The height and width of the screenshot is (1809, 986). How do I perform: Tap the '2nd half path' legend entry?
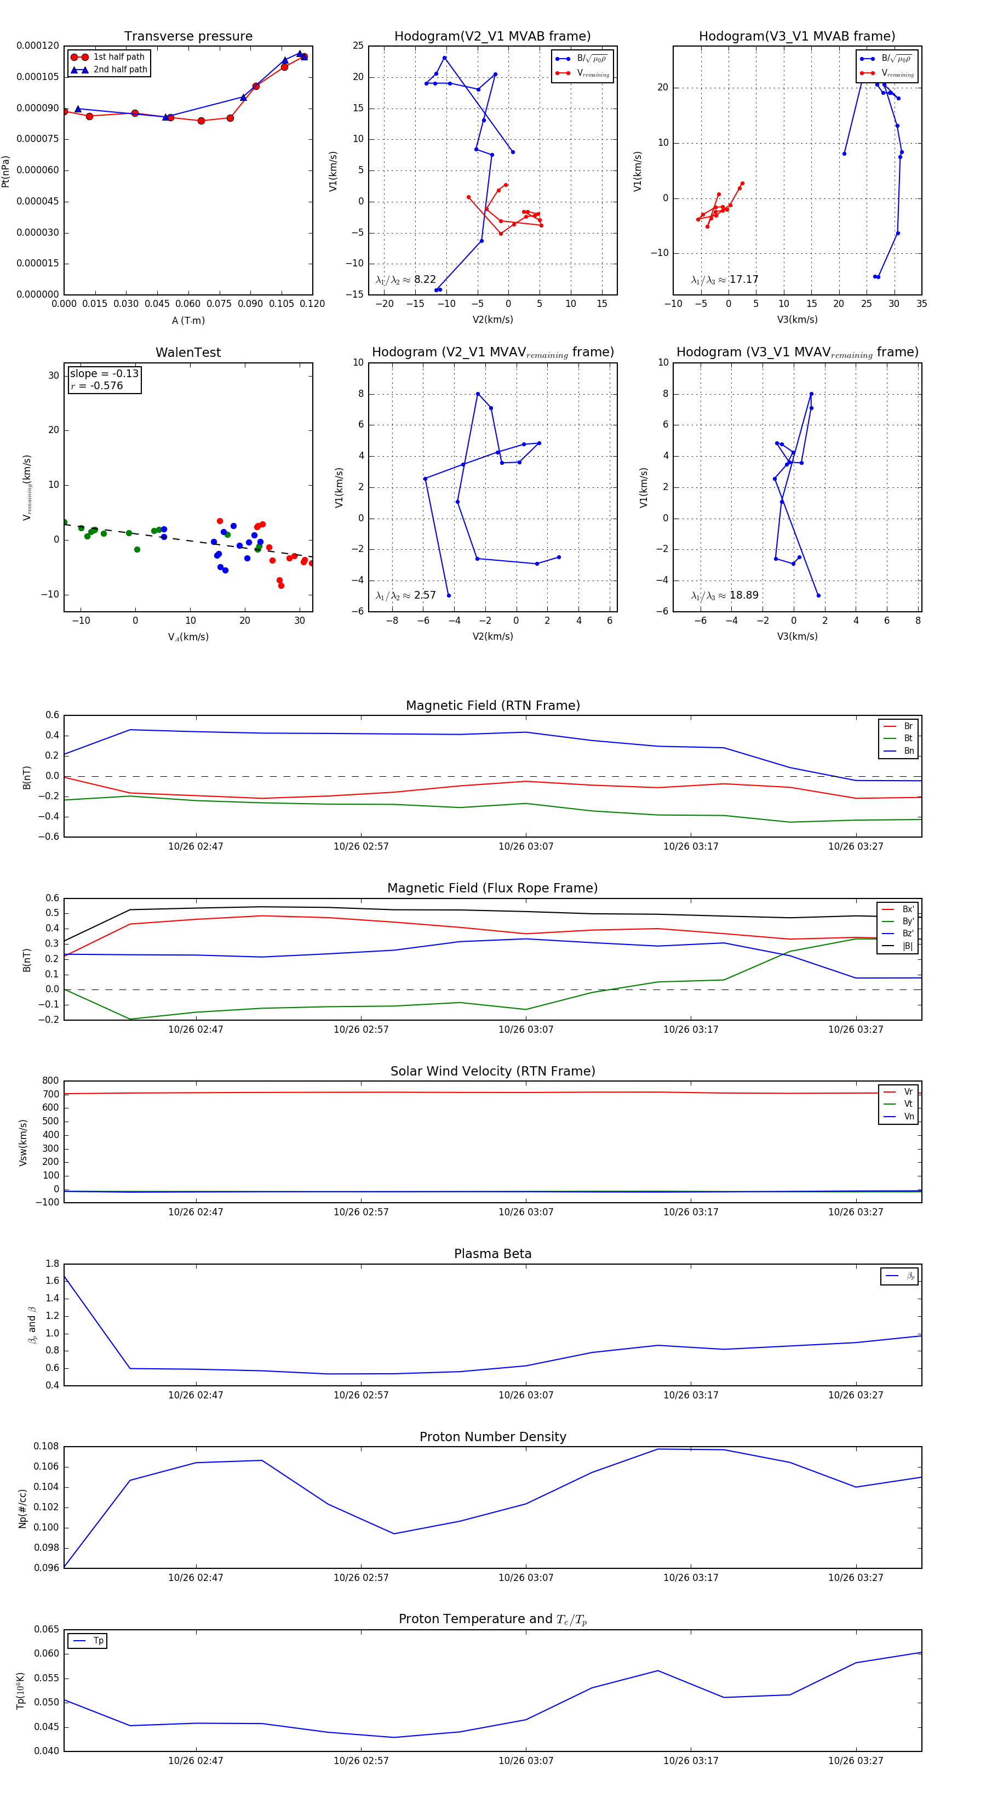coord(120,70)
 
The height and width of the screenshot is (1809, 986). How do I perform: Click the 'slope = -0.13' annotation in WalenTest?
coord(104,374)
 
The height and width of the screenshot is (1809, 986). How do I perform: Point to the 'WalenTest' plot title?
coord(188,352)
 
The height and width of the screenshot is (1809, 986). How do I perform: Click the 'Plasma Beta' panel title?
coord(492,1254)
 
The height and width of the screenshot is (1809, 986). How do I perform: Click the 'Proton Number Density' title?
coord(492,1437)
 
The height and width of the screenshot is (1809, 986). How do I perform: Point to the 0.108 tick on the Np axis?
coord(47,1447)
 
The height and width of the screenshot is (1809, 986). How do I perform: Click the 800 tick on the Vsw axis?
coord(50,1081)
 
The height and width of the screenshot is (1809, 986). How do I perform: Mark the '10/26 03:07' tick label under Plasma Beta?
coord(526,1395)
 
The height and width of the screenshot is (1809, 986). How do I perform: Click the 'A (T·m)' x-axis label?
coord(188,321)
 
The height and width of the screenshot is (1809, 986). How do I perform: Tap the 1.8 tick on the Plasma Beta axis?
coord(52,1264)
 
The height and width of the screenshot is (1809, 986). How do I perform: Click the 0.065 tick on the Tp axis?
coord(47,1629)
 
